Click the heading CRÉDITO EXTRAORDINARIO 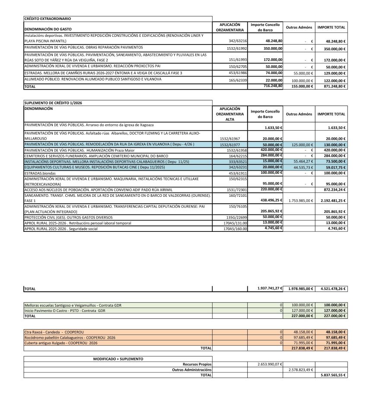pos(48,19)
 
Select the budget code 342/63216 pos(238,41)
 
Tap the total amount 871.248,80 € pos(332,87)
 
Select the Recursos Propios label pos(197,364)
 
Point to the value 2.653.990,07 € pos(268,364)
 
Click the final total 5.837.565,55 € pos(332,375)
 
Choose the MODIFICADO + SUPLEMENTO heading pos(118,359)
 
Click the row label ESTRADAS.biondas pos(40,173)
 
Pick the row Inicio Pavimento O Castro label pos(65,311)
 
